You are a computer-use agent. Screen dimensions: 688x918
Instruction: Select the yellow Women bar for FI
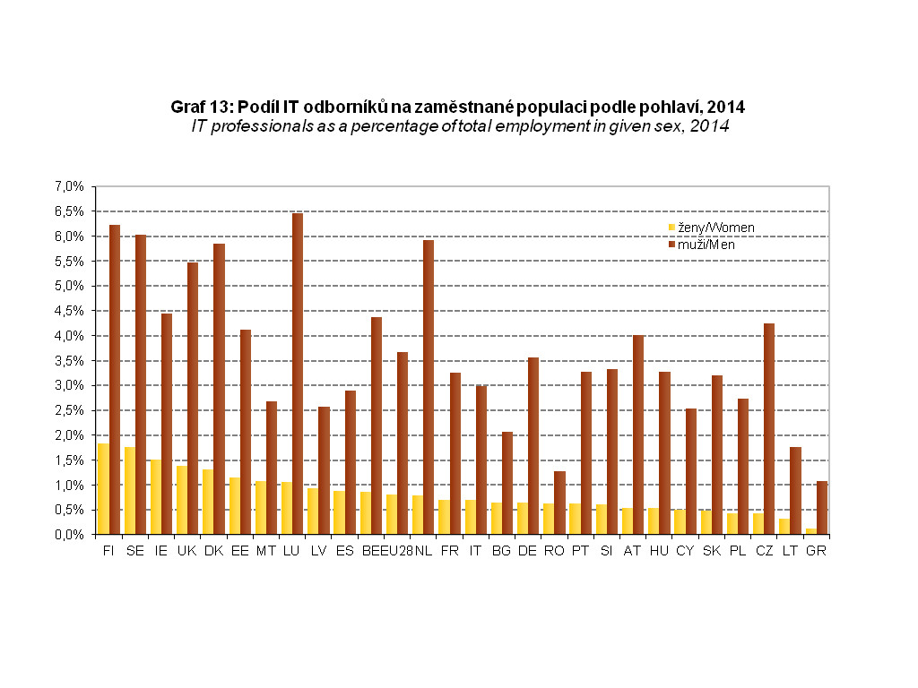[x=103, y=489]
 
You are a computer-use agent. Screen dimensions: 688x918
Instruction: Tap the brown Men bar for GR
[x=821, y=508]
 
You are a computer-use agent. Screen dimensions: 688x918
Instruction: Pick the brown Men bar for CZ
[x=769, y=429]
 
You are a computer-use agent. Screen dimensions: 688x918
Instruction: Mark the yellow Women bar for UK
[x=182, y=500]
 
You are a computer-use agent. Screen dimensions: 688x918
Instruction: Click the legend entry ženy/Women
[x=711, y=228]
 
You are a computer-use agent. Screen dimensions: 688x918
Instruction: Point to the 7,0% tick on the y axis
[x=68, y=186]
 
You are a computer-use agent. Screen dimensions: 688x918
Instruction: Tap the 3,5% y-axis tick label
[x=68, y=360]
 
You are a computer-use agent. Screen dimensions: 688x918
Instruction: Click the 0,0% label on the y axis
[x=68, y=535]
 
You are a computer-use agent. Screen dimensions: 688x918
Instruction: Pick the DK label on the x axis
[x=213, y=551]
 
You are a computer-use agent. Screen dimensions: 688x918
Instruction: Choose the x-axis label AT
[x=633, y=551]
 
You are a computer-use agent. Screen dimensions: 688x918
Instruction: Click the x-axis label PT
[x=580, y=551]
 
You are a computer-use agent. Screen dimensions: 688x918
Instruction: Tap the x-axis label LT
[x=790, y=551]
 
